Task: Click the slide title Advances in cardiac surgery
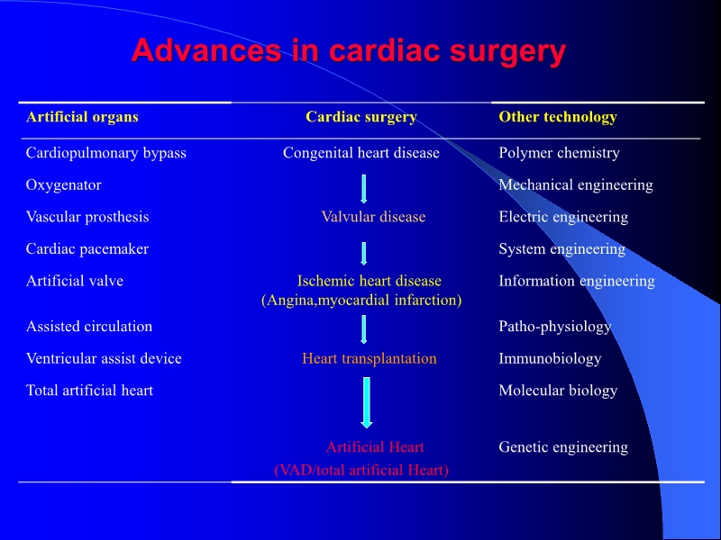(x=348, y=50)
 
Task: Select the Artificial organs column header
(x=82, y=117)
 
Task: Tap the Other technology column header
(x=558, y=117)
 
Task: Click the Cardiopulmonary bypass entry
(x=106, y=153)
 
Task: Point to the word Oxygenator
(x=64, y=185)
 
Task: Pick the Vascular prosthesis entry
(x=87, y=217)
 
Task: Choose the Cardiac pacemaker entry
(x=87, y=249)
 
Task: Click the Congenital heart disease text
(x=361, y=153)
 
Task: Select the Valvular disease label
(x=373, y=217)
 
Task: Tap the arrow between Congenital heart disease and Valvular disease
(x=363, y=187)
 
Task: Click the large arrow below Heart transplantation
(x=366, y=401)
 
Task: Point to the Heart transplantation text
(x=369, y=359)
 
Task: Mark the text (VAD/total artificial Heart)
(x=361, y=470)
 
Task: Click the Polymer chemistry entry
(x=559, y=153)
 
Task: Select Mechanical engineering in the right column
(x=576, y=185)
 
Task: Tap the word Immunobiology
(x=550, y=359)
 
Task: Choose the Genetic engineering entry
(x=563, y=447)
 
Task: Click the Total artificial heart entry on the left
(x=89, y=391)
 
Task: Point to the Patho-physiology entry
(x=555, y=327)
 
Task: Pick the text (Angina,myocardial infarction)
(x=361, y=300)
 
